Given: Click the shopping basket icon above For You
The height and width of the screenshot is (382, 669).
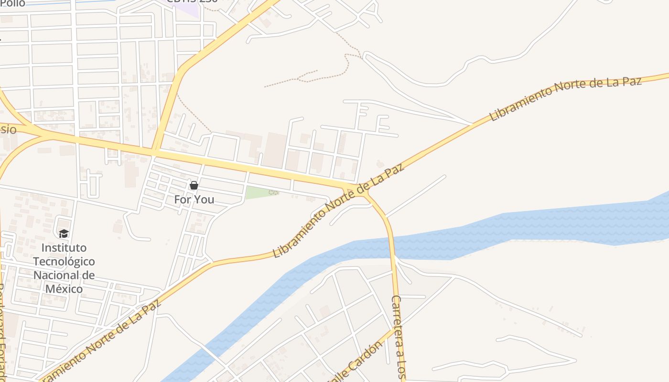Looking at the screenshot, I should coord(194,185).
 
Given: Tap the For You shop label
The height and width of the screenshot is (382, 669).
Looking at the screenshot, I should coord(194,200).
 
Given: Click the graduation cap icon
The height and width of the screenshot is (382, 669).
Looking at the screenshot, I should coord(64,233).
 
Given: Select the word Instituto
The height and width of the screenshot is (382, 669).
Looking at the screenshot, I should coord(64,248).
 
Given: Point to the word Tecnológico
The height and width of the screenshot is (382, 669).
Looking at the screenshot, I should coord(64,262).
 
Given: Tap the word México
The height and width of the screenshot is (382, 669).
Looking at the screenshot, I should coord(64,289).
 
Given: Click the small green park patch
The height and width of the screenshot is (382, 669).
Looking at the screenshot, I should coord(260,192).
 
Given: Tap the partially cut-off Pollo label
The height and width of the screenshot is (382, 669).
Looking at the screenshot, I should coord(12,4).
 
